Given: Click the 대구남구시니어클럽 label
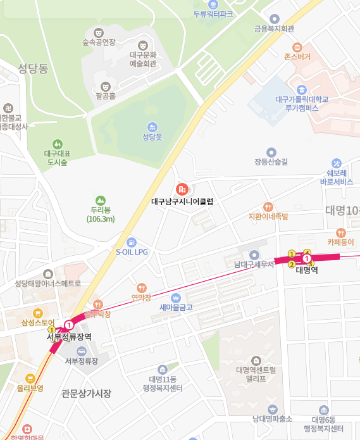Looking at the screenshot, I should coord(183,202).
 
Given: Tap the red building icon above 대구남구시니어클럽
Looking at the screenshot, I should coord(182,189).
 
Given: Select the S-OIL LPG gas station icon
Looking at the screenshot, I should coord(131,241).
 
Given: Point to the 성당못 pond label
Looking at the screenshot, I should coord(152,137).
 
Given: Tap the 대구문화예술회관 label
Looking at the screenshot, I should coord(143,60).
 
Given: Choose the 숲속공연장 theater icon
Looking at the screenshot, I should coord(98,32).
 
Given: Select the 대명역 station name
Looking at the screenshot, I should coord(306,270).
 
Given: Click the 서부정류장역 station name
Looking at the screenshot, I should coord(69,337).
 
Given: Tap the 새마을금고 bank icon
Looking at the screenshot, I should coord(176,298).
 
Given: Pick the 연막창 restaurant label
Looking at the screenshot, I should coord(141,297).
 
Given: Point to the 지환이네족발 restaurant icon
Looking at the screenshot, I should coord(268,206).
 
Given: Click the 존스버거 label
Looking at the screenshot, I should coord(297,57).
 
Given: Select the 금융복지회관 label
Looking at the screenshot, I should coord(274,28).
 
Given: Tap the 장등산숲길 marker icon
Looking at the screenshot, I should coord(271,152).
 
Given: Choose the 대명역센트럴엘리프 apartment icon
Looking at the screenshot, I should coord(256,360).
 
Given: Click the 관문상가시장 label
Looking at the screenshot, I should coord(87,393).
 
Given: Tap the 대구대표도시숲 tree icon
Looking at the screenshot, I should coord(58,144).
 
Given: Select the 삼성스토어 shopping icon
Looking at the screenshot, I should coord(38,313).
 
